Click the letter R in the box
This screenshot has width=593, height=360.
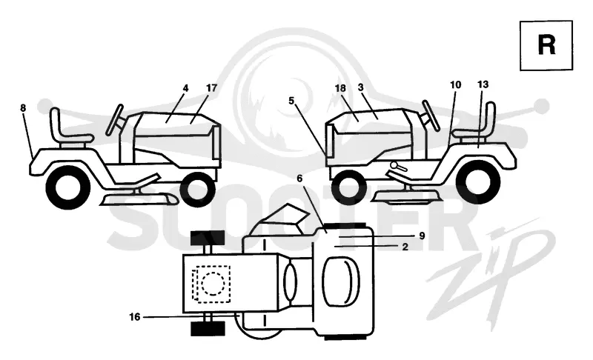click(546, 45)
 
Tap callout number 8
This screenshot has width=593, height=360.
click(23, 108)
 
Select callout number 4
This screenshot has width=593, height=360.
click(185, 88)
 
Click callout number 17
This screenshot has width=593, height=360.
click(212, 87)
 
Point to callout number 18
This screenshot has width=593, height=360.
click(340, 88)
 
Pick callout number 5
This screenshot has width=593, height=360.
click(291, 101)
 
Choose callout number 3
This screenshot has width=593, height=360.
click(360, 87)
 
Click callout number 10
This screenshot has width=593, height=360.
click(456, 84)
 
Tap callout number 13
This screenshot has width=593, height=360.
click(483, 84)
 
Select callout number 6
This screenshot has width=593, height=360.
click(299, 179)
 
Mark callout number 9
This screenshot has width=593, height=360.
click(422, 236)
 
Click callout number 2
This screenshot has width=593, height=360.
click(405, 247)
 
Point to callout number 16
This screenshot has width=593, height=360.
click(135, 317)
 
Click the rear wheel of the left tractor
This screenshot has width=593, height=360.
click(68, 187)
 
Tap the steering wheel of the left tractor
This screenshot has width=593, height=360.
click(114, 120)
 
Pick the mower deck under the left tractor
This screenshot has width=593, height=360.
click(138, 199)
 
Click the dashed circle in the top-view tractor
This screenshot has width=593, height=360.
click(213, 284)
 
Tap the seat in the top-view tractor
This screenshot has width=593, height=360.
click(341, 281)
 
